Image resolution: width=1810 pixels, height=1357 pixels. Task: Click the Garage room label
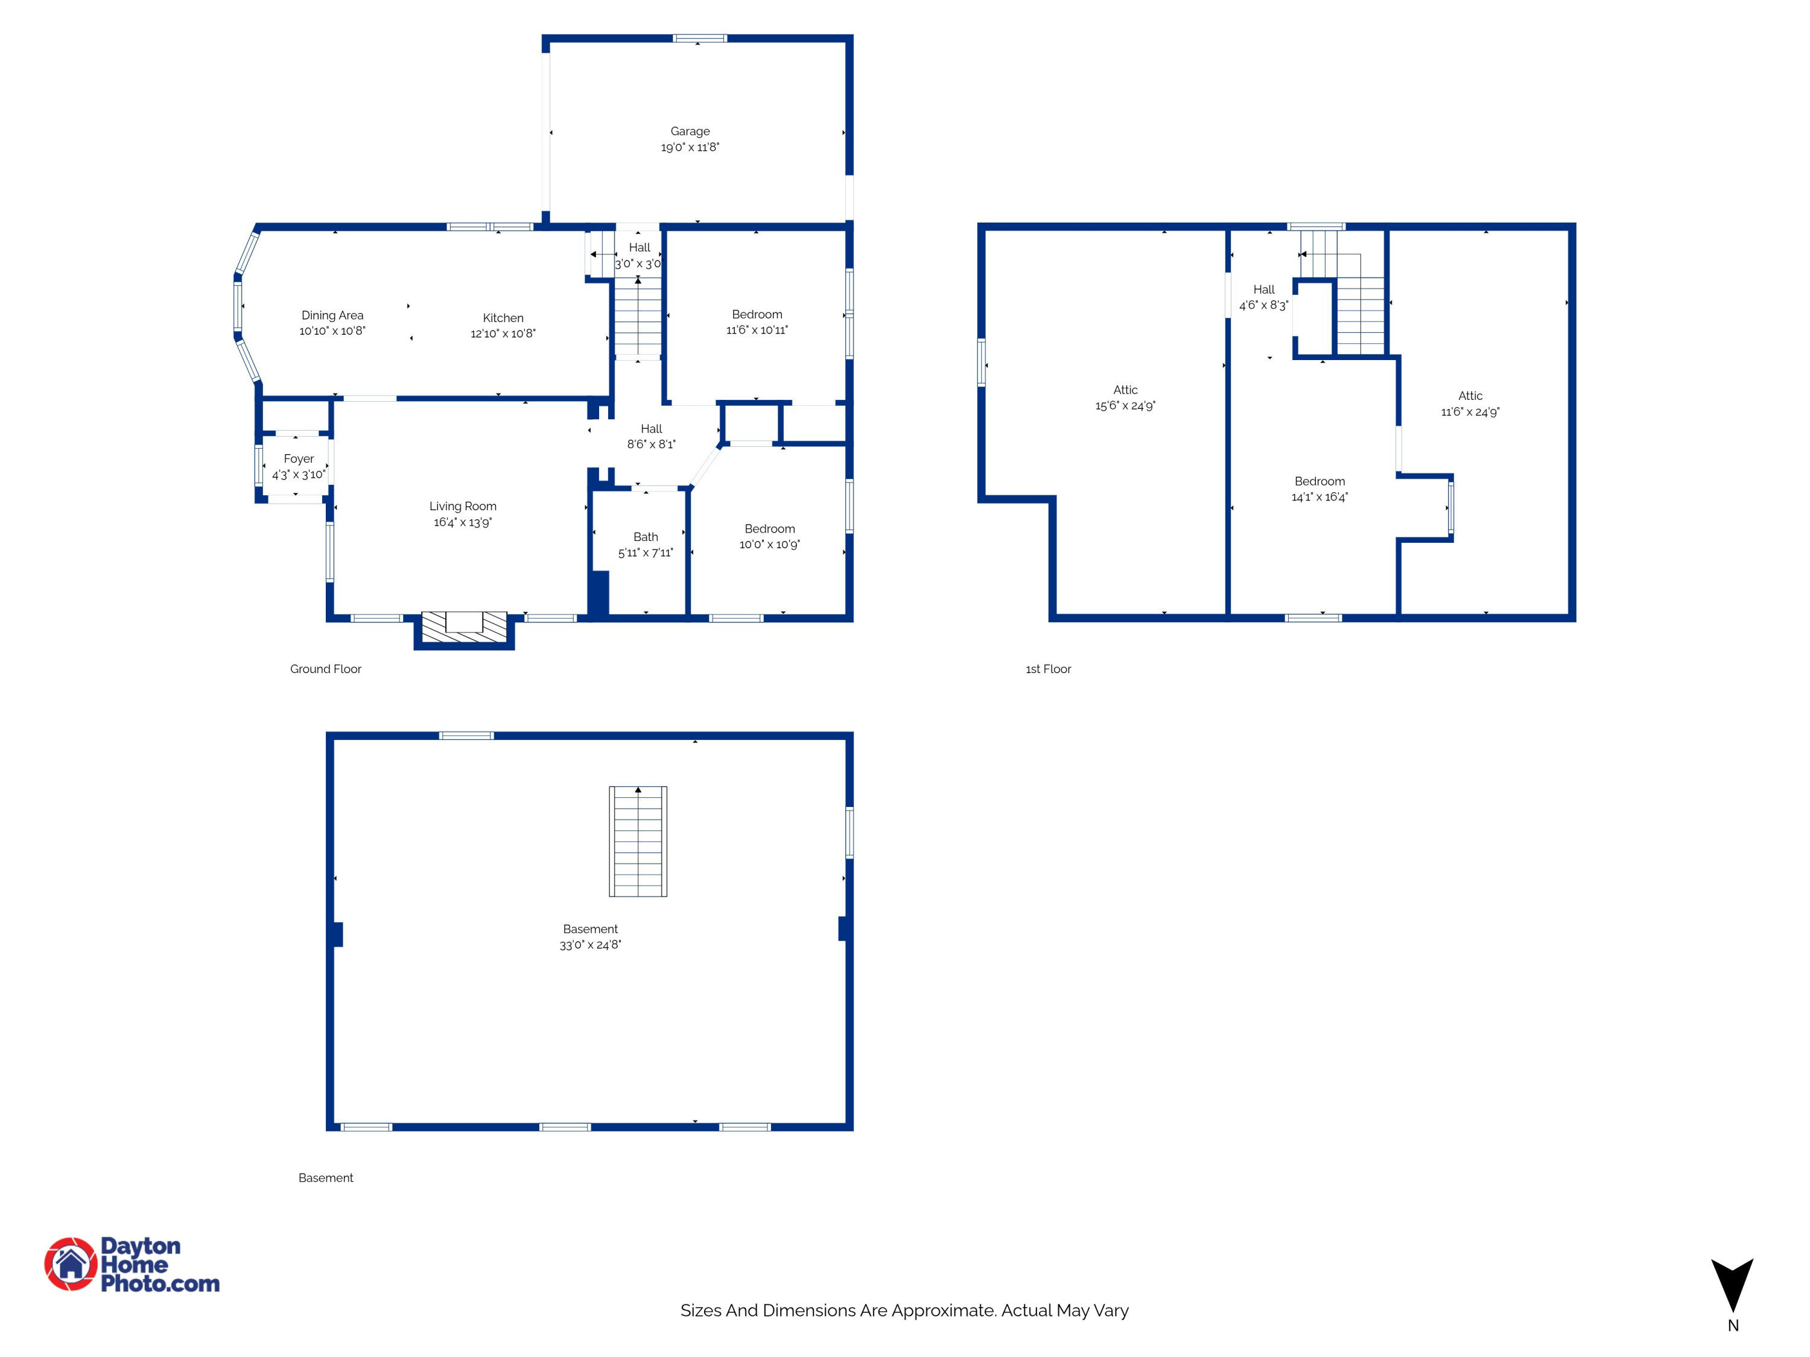tap(690, 131)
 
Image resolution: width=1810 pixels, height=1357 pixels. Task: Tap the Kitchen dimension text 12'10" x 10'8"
tap(503, 334)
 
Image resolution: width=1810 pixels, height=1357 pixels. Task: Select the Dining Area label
tap(332, 315)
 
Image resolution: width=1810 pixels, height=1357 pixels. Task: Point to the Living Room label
tap(463, 507)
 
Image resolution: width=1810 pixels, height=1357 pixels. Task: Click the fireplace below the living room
tap(464, 630)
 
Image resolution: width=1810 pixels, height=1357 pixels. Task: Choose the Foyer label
tap(299, 459)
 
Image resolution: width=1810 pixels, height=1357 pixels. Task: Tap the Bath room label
tap(646, 537)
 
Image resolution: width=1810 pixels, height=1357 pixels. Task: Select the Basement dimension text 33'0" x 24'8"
tap(590, 944)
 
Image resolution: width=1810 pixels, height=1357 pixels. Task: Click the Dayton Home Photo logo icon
tap(71, 1264)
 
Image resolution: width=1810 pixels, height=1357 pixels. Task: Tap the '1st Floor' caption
tap(1048, 669)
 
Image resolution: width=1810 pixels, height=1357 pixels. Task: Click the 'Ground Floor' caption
tap(326, 669)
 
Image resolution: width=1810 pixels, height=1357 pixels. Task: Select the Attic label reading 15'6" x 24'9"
tap(1125, 397)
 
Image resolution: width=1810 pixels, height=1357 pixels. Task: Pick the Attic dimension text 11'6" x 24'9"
tap(1470, 413)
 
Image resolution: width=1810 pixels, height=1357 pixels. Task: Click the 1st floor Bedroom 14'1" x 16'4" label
tap(1320, 489)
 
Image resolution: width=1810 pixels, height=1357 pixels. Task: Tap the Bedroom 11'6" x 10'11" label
tap(757, 322)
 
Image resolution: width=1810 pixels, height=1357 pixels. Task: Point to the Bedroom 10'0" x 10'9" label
tap(770, 537)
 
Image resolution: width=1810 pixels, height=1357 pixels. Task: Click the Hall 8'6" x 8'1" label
tap(652, 437)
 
